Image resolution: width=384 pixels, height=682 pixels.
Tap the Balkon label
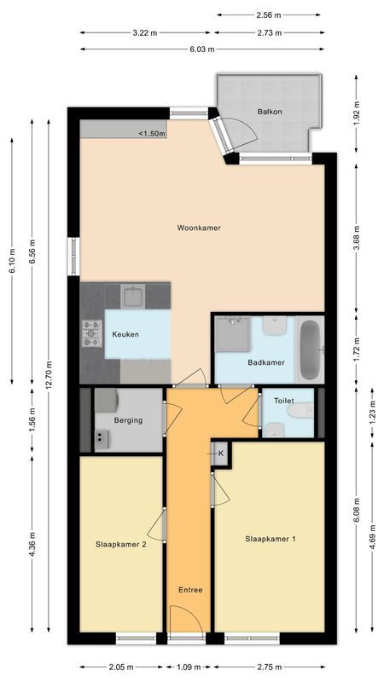point(270,112)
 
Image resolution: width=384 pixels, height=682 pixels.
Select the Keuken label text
point(125,334)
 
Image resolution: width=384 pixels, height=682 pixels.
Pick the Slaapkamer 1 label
point(271,538)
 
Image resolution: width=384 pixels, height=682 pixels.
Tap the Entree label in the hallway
point(190,590)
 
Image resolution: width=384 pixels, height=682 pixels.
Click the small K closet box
point(220,454)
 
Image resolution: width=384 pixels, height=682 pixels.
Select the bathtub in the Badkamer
point(310,350)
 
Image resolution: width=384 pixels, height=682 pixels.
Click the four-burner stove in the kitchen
point(91,333)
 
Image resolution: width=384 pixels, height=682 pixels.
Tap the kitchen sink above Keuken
point(133,297)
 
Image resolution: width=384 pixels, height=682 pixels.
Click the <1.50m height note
point(152,133)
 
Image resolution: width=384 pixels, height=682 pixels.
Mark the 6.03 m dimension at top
point(202,48)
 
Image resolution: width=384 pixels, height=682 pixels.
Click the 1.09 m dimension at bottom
point(189,668)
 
